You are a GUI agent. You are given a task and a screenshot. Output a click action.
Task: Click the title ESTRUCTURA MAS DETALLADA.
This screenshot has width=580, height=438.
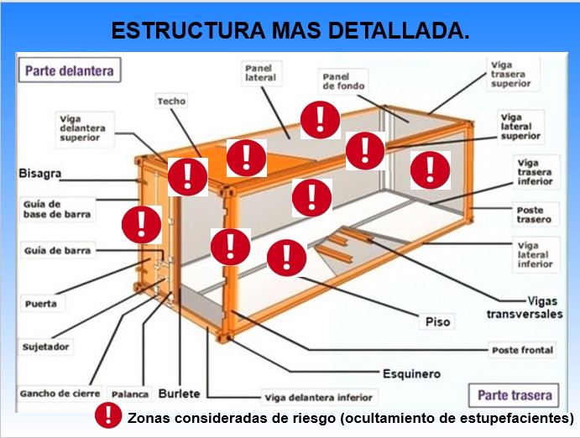tap(290, 31)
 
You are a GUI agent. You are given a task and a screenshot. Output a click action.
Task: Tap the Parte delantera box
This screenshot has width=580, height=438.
tap(69, 70)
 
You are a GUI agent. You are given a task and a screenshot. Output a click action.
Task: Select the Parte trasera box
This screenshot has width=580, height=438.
tap(514, 394)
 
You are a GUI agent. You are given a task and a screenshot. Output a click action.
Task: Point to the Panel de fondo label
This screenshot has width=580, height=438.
tap(342, 81)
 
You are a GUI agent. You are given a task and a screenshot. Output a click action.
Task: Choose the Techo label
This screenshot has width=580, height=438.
tap(171, 102)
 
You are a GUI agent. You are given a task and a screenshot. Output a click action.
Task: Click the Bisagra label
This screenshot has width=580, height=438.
tap(39, 175)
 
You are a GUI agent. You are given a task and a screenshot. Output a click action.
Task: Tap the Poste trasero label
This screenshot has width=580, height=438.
tap(533, 215)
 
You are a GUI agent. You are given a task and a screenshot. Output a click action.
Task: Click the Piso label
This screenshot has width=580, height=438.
tap(437, 321)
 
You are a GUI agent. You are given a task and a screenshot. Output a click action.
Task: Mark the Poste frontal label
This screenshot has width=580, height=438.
tap(523, 349)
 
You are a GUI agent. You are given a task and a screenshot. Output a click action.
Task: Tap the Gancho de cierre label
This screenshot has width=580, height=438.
tap(60, 393)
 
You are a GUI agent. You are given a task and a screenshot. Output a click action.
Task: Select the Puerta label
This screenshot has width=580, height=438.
tap(40, 304)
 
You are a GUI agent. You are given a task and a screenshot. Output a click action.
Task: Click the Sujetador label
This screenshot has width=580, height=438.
tap(46, 346)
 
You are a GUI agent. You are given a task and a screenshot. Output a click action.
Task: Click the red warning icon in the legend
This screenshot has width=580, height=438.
tap(108, 416)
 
